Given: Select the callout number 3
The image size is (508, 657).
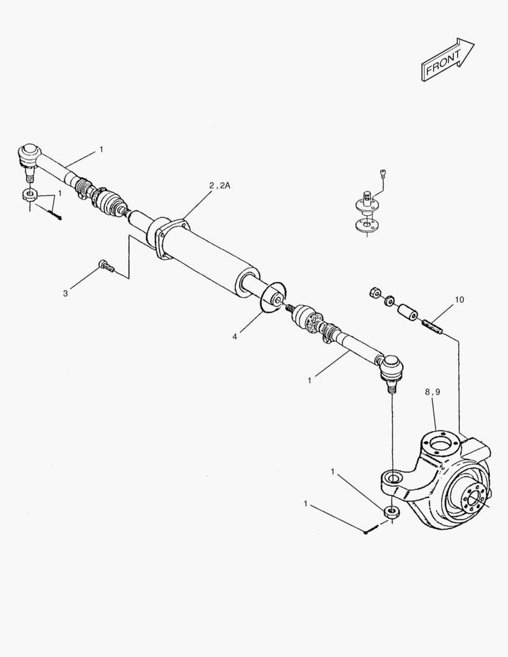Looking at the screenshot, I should pyautogui.click(x=65, y=293).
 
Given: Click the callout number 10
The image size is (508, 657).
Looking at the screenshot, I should pyautogui.click(x=459, y=299).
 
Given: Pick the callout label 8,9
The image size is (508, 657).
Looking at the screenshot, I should pyautogui.click(x=432, y=392).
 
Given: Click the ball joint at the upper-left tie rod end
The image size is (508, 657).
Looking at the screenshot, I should pyautogui.click(x=29, y=155).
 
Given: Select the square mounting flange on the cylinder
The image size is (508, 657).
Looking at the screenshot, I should pyautogui.click(x=168, y=237).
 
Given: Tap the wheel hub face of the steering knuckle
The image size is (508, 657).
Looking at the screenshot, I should pyautogui.click(x=472, y=499).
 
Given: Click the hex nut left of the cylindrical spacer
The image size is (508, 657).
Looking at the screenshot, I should pyautogui.click(x=374, y=294).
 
